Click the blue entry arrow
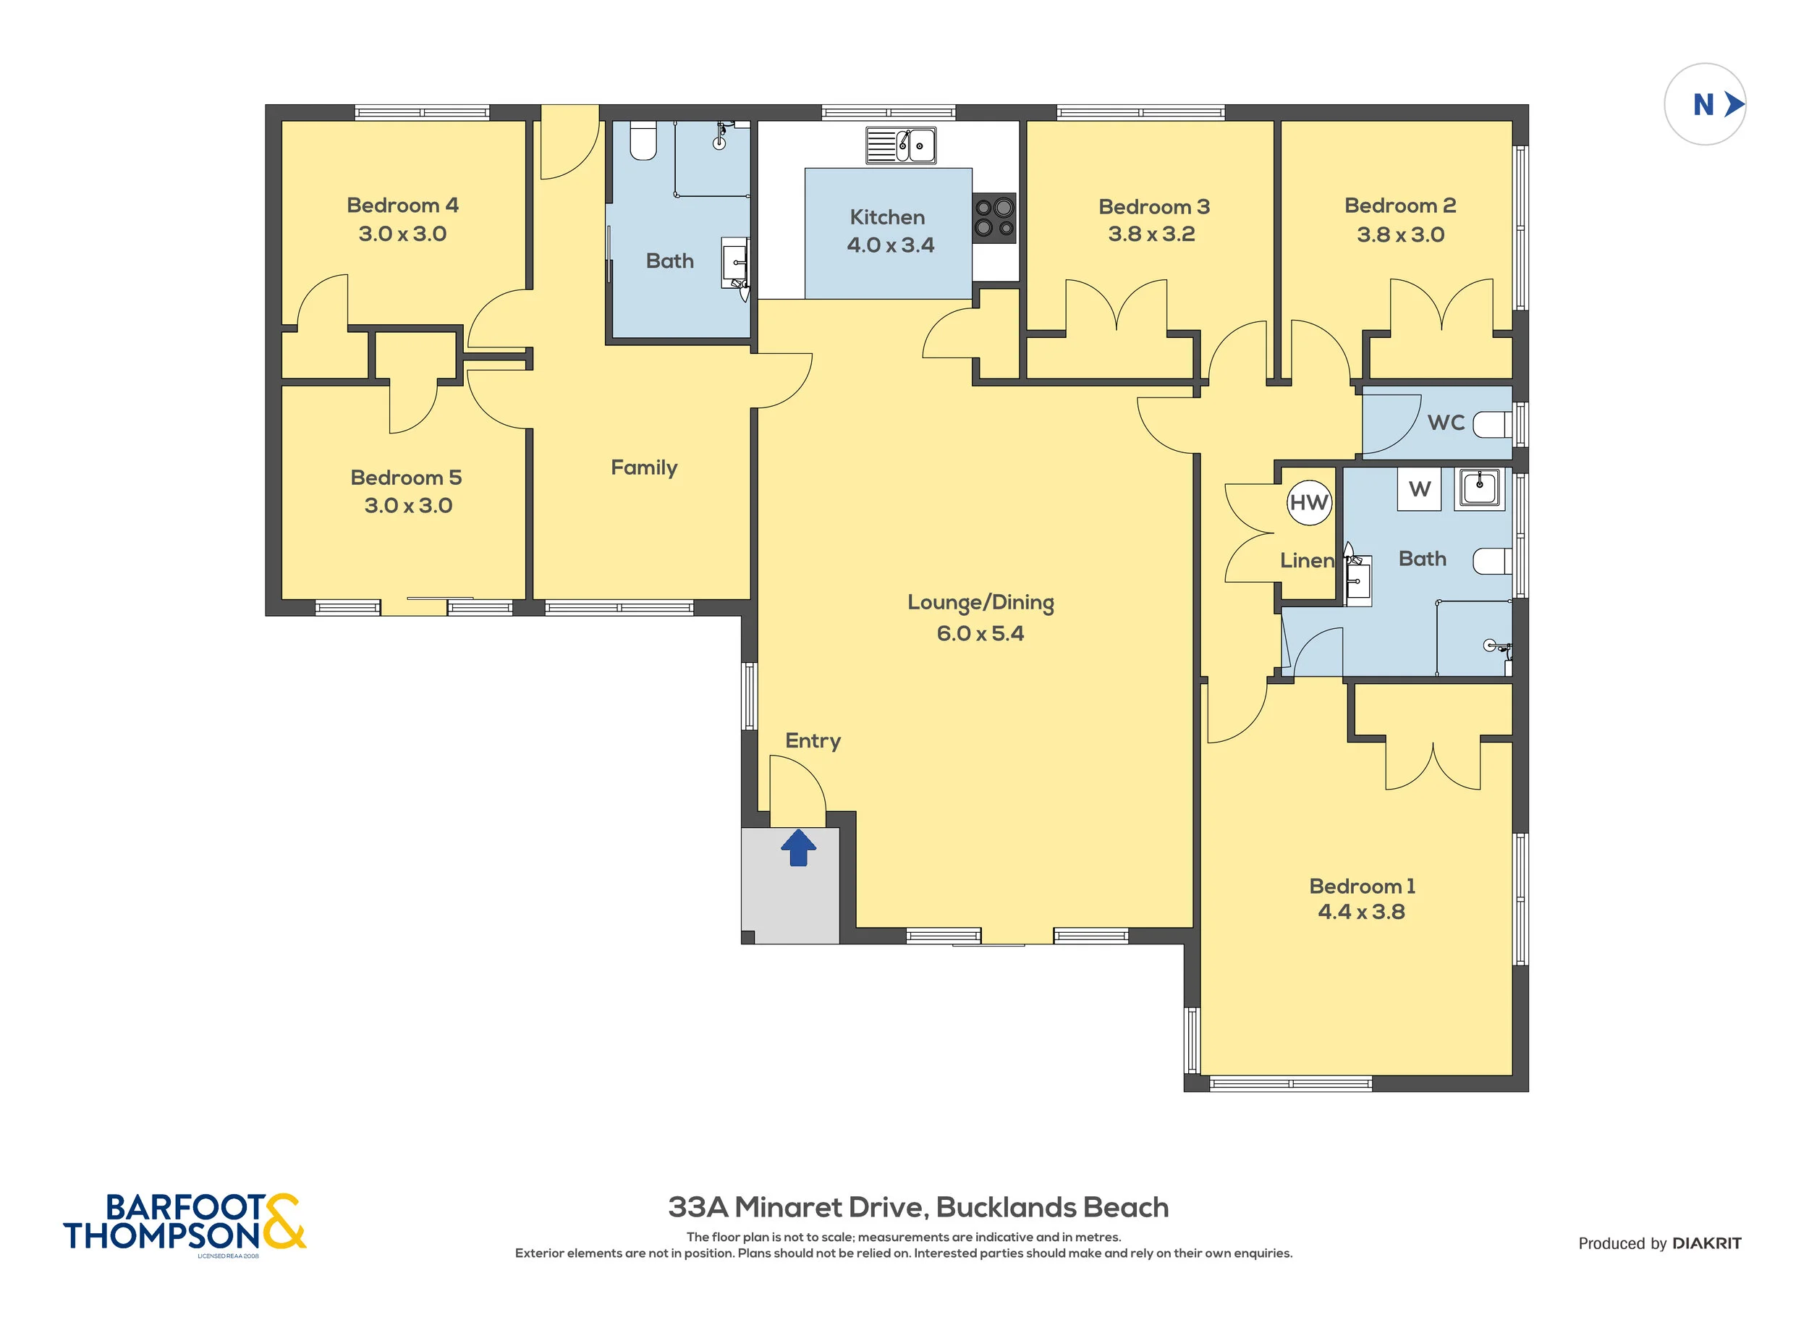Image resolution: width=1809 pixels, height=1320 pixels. coord(797,847)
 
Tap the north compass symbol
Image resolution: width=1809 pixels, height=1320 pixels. coord(1704,104)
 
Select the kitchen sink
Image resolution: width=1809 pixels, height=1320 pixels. coord(900,145)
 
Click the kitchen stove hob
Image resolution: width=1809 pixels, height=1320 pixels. coord(994,217)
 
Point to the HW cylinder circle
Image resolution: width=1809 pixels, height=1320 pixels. coord(1309,502)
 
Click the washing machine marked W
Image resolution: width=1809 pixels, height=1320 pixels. coord(1419,489)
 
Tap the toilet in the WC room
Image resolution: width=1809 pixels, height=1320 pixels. coord(1492,424)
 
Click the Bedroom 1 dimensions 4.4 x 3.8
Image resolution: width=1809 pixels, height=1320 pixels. coord(1362,912)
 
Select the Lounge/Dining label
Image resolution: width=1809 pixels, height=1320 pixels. coord(980,603)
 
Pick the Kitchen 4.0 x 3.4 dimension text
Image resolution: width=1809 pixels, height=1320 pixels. coord(890,245)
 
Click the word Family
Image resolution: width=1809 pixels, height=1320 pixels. coord(644,467)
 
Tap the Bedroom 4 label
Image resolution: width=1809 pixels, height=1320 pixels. coord(403,206)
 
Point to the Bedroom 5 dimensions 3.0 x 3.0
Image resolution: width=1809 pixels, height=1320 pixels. coord(408,505)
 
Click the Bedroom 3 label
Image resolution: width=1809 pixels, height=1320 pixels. coord(1154,207)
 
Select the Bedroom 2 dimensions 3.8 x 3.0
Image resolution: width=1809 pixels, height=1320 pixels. coord(1400,234)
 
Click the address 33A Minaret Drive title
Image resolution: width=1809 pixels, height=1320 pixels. coord(918,1206)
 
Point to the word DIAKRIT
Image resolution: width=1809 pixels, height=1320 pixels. coord(1707,1243)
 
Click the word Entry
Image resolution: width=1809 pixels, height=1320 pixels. coord(813,741)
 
